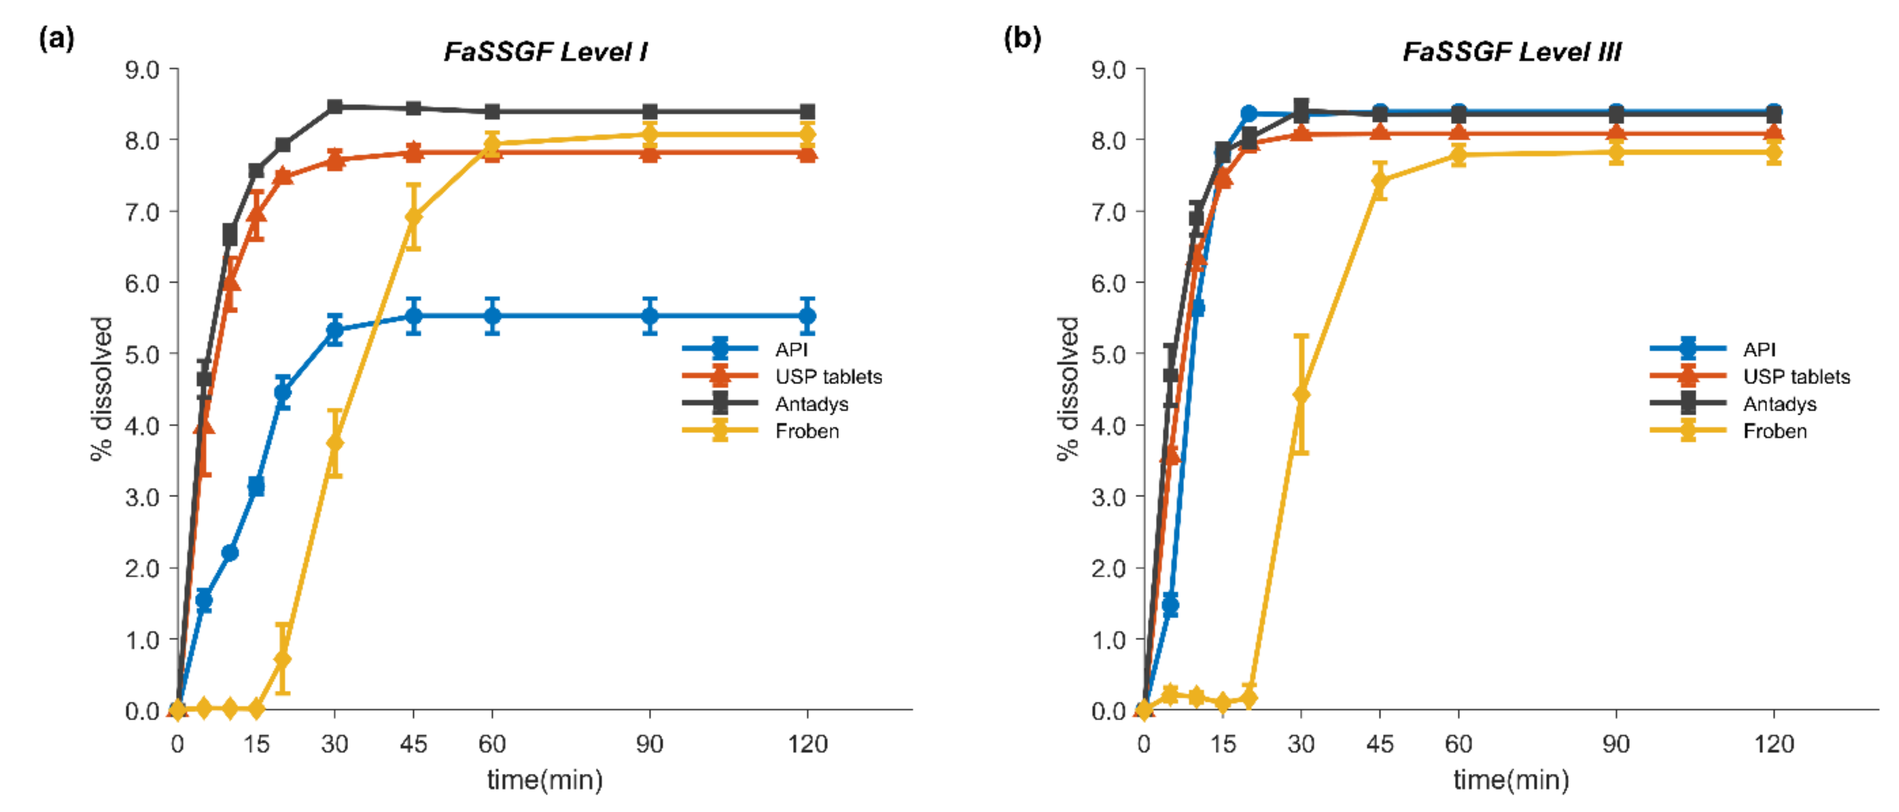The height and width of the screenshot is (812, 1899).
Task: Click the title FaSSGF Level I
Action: pos(546,51)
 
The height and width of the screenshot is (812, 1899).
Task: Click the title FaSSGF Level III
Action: pos(1511,51)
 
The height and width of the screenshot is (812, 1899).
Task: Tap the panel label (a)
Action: pos(56,38)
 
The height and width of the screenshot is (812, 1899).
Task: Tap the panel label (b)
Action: pos(1023,38)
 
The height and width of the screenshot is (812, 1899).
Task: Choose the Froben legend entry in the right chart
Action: pos(1774,431)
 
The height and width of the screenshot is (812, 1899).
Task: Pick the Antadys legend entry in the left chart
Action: pos(811,404)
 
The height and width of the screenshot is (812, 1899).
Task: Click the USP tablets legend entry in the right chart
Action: pos(1796,377)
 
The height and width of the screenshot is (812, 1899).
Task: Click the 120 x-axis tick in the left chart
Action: pos(807,744)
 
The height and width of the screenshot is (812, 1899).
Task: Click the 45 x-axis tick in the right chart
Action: pos(1379,744)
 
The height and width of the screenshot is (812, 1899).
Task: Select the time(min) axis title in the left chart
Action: pos(545,780)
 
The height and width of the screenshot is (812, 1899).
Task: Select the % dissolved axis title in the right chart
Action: pos(1068,389)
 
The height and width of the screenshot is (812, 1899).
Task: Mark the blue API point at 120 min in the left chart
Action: pos(807,316)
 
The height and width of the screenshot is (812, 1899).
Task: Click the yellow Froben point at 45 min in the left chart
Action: pos(414,216)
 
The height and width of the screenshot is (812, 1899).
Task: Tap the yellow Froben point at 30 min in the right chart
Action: pos(1301,394)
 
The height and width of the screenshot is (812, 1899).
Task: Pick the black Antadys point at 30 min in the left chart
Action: pos(335,107)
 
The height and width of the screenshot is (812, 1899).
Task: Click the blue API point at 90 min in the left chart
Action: pos(650,316)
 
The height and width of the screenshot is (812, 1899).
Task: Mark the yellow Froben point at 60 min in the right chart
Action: pos(1458,155)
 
